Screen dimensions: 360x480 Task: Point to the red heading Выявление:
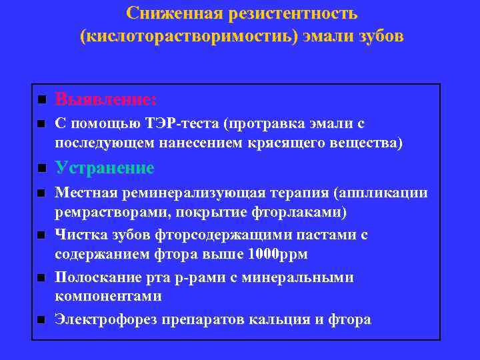106,99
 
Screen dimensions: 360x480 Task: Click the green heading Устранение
105,168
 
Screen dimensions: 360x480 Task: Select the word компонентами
108,295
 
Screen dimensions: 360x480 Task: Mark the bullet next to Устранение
40,169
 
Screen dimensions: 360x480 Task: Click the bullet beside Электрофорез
40,321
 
